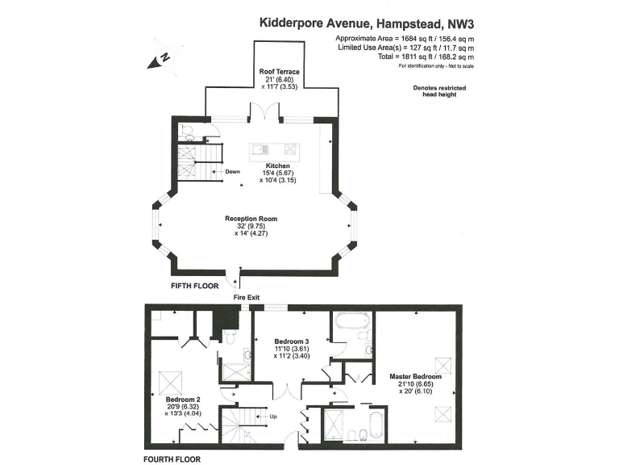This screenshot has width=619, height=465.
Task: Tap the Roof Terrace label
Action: click(279, 72)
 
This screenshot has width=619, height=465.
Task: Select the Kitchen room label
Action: click(277, 165)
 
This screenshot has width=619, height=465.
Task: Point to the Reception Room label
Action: click(251, 219)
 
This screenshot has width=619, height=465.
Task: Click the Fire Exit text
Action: click(247, 297)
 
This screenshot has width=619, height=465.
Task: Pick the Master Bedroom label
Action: click(416, 376)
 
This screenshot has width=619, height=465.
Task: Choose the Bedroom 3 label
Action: click(292, 341)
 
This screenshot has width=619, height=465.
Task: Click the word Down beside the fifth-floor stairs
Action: click(232, 172)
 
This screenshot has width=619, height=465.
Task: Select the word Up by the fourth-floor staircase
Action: click(273, 417)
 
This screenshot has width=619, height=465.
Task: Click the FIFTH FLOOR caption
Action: click(194, 286)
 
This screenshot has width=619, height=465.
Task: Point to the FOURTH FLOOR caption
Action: click(172, 459)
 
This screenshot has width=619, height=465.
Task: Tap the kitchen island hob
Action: click(290, 149)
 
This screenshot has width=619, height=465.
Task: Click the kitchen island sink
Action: click(261, 149)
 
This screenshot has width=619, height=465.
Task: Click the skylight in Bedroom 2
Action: click(171, 383)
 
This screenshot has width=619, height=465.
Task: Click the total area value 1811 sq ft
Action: click(413, 57)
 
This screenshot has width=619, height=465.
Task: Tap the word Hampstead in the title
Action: click(409, 23)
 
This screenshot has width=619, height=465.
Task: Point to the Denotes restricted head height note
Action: click(439, 91)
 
